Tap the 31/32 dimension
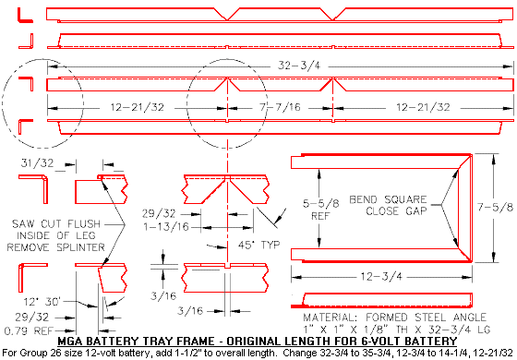click(34, 163)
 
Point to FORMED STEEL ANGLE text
click(416, 318)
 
